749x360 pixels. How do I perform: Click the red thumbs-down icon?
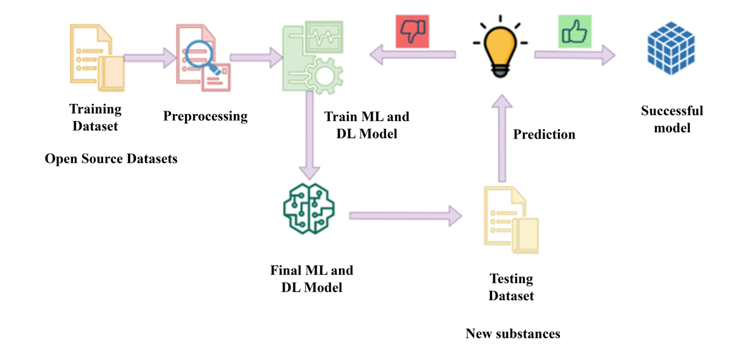pos(412,31)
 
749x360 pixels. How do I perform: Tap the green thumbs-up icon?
pos(575,31)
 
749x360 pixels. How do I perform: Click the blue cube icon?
pos(671,49)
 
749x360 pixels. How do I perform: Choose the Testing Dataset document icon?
pos(511,220)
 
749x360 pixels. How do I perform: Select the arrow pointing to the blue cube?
pos(575,55)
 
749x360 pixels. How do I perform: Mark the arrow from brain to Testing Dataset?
pos(405,216)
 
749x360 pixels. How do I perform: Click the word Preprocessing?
pos(205,116)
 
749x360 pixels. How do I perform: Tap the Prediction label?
pos(544,134)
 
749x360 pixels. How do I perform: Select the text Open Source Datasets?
pos(111,158)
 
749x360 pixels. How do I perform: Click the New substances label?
pos(512,333)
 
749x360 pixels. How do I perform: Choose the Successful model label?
pos(672,119)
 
